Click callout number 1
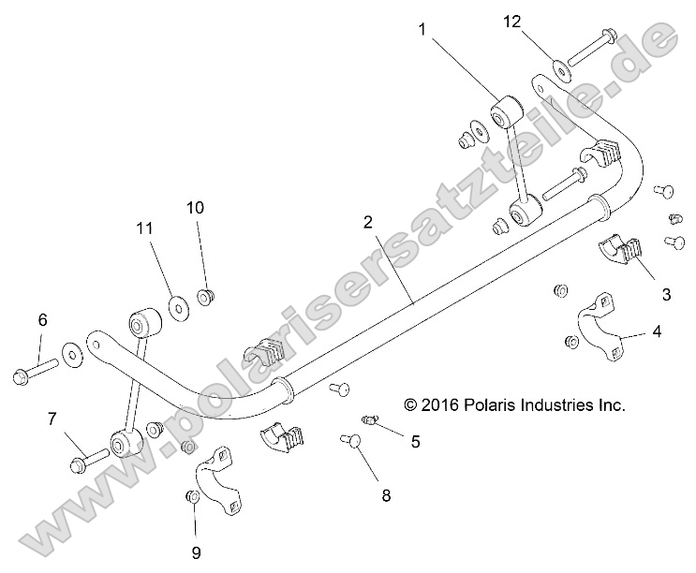[422, 29]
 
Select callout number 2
[368, 222]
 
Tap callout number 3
[666, 294]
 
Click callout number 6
[42, 320]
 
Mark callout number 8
[386, 496]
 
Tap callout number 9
[196, 552]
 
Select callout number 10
[195, 207]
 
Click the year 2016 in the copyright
[445, 405]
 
